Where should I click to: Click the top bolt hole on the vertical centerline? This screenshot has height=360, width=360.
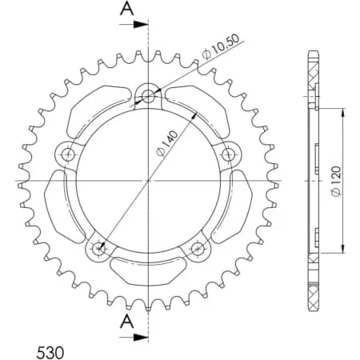coord(149,97)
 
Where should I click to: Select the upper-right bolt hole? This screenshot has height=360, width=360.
coord(230,153)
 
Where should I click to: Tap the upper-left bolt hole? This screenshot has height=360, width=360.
coord(68,154)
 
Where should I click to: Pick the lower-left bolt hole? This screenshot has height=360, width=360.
coord(99,249)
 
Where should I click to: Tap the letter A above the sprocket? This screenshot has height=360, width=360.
coord(127,10)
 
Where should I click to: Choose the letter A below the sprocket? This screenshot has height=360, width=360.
coord(127,321)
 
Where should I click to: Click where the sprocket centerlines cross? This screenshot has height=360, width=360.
coord(149,182)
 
